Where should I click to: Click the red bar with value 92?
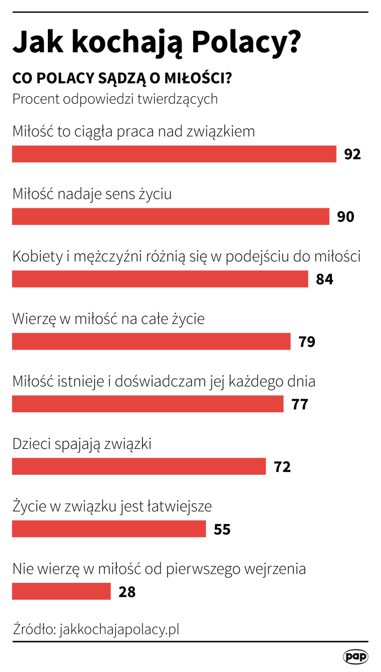174,154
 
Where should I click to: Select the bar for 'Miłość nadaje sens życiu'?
171,217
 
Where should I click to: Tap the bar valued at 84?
160,279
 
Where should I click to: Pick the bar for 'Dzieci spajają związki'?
139,466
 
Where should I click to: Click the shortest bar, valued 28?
61,591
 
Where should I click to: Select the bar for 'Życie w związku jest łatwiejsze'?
109,529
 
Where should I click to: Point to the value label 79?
307,342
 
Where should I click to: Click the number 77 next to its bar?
300,404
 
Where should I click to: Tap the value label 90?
345,217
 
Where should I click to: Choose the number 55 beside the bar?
222,530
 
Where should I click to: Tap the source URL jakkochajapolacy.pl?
120,630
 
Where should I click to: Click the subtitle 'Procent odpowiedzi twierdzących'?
115,99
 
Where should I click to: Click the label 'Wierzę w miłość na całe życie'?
108,319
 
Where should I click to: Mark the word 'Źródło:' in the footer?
34,630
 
